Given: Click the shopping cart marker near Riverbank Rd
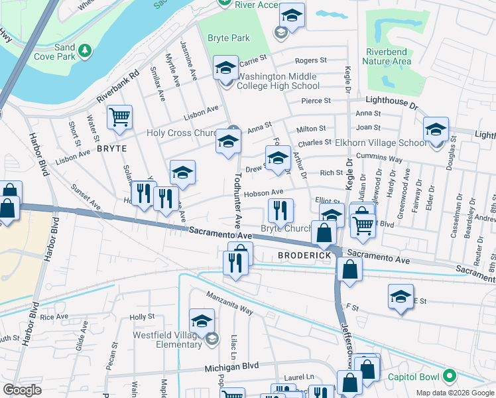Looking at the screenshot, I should coord(119,117).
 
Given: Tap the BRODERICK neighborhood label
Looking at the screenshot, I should coord(304,255).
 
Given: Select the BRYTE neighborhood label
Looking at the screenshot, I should coord(111,149).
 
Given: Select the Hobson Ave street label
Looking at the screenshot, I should coord(263,192).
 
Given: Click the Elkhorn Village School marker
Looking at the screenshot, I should coord(436,130).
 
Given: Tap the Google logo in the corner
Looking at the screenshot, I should coord(22,390).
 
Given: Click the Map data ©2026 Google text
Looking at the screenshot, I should coord(455,393).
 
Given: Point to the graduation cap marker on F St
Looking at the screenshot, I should coord(401,297).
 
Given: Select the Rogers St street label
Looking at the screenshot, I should coord(311,60).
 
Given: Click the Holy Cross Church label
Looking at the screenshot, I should coord(182,133).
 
